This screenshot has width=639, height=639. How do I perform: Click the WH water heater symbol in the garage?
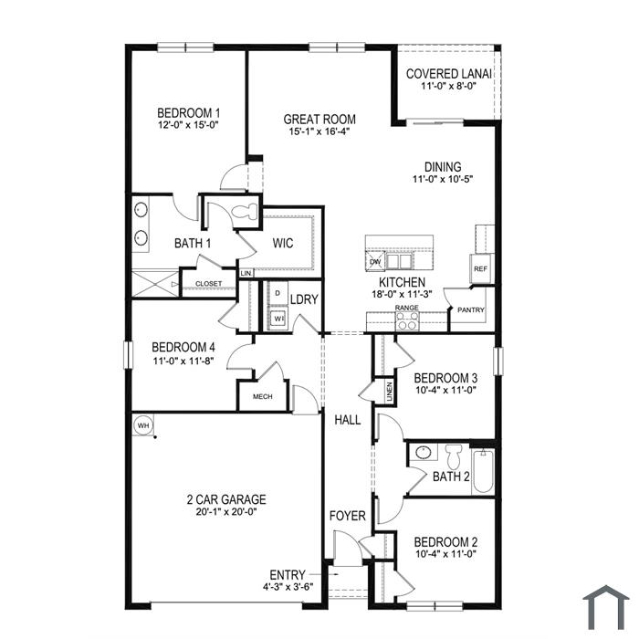click(143, 425)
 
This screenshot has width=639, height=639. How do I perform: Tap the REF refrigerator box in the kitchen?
click(481, 268)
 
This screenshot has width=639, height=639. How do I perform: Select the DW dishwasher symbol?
click(375, 261)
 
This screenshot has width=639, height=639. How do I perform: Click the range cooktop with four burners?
click(407, 320)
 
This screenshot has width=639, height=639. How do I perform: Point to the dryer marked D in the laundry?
click(278, 293)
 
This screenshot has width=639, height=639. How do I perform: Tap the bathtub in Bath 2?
click(483, 471)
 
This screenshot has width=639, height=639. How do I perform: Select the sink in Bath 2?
click(424, 453)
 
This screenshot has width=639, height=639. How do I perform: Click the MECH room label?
click(263, 396)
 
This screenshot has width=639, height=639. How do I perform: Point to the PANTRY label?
click(471, 310)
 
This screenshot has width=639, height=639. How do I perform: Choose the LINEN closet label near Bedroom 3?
click(390, 392)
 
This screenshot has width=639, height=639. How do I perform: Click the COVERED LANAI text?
click(448, 74)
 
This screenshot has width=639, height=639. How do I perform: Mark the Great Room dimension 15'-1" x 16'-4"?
click(319, 131)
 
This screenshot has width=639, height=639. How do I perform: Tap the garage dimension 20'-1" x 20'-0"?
click(226, 511)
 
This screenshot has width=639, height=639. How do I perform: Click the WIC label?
click(283, 244)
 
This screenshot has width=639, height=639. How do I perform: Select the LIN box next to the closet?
click(246, 273)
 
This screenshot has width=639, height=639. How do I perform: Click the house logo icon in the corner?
click(606, 608)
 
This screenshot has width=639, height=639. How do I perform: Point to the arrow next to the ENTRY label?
click(324, 574)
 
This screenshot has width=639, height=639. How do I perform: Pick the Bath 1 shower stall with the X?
click(155, 283)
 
